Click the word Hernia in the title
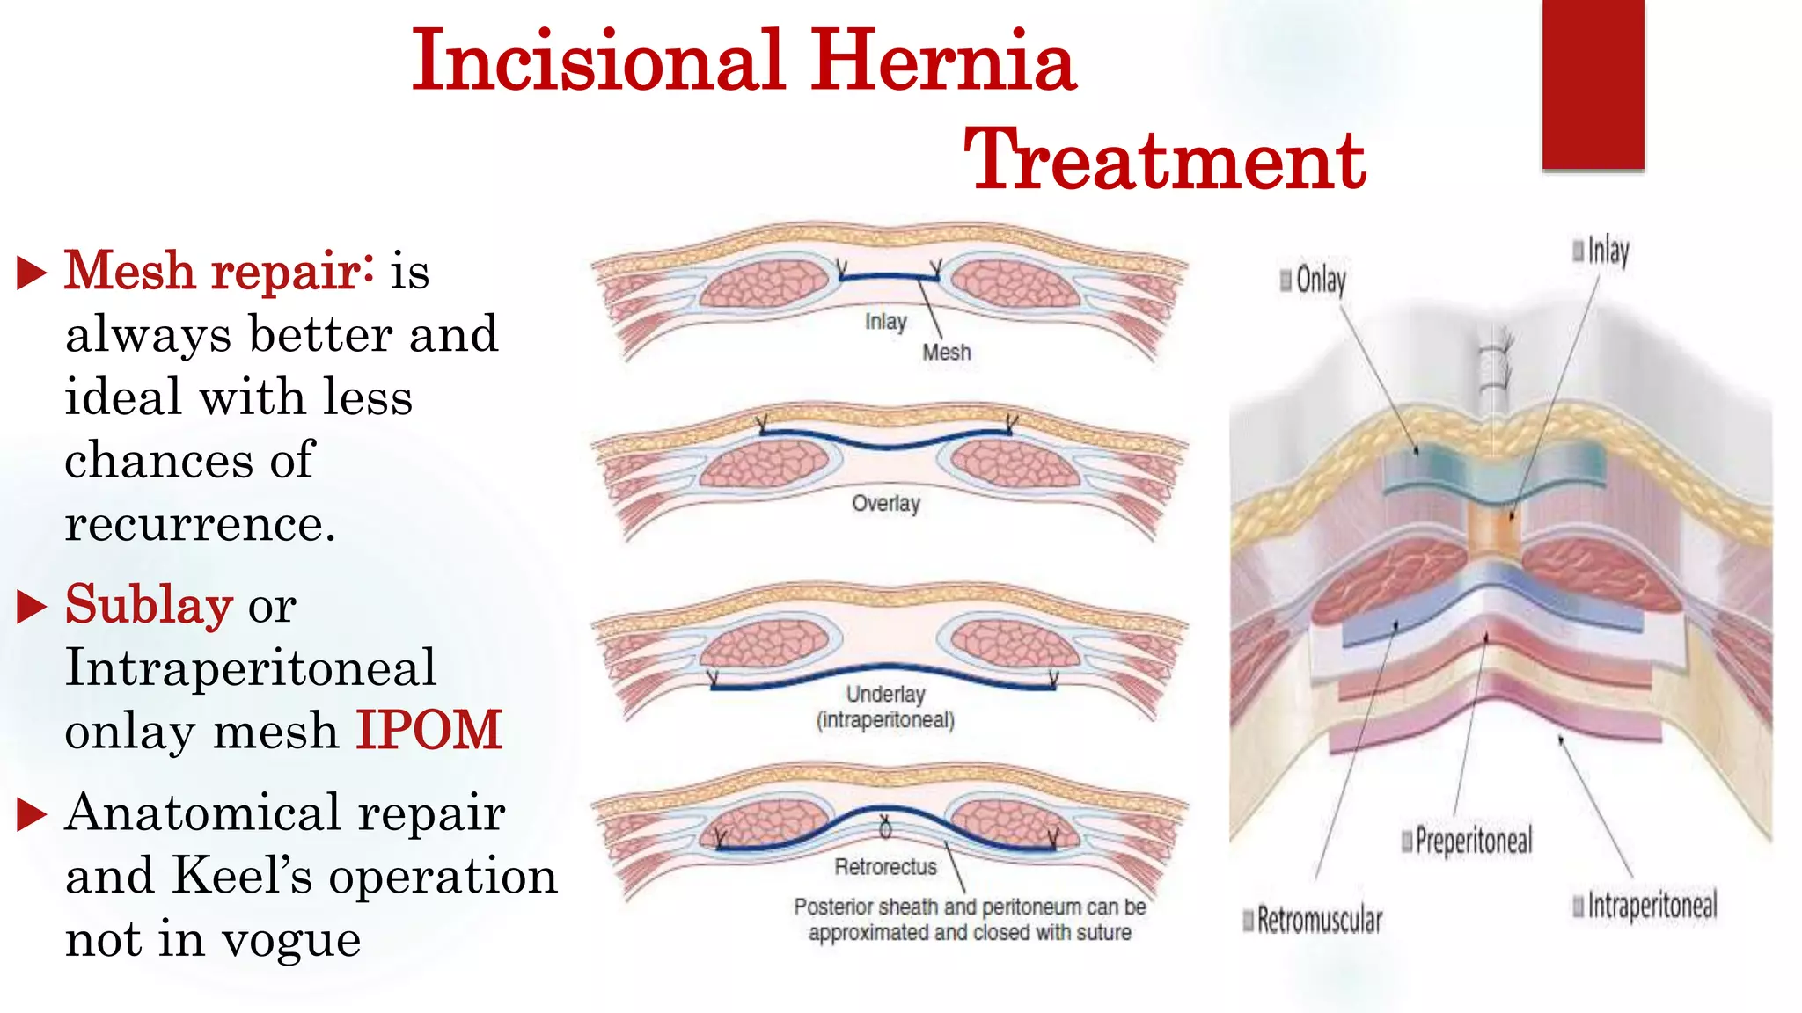942,61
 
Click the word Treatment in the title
1164,159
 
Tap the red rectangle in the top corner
1593,84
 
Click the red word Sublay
149,605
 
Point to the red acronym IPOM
429,730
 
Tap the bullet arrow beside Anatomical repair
32,814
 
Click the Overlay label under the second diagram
885,503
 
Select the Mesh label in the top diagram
947,353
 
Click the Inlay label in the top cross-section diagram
885,322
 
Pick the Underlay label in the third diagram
885,694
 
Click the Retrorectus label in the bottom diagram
885,867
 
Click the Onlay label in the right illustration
1320,280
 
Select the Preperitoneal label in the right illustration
1473,841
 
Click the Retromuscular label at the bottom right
1319,920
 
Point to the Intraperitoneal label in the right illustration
1652,905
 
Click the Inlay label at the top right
1608,251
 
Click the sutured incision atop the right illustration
1494,369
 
